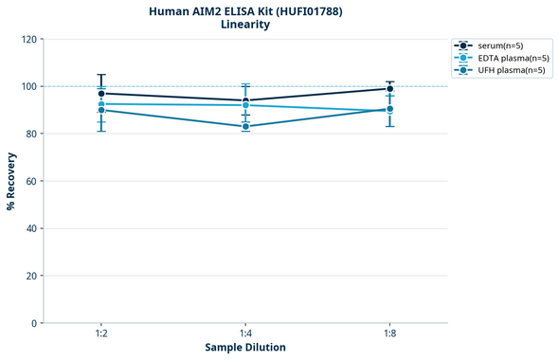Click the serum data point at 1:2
tap(101, 94)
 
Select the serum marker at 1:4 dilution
tap(245, 100)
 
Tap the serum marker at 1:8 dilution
tap(389, 89)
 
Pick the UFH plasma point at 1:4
tap(245, 126)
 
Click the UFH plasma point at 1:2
tap(101, 110)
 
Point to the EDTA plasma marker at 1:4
tap(245, 105)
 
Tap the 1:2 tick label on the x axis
tap(101, 334)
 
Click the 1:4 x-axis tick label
tap(245, 334)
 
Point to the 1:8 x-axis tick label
tap(389, 334)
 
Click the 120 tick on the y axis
tap(29, 39)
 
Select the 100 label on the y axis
tap(29, 86)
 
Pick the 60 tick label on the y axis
tap(32, 181)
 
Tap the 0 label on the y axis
tap(35, 323)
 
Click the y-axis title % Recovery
tap(11, 180)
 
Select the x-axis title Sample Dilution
tap(245, 348)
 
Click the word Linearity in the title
tap(245, 25)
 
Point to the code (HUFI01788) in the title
tap(307, 11)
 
